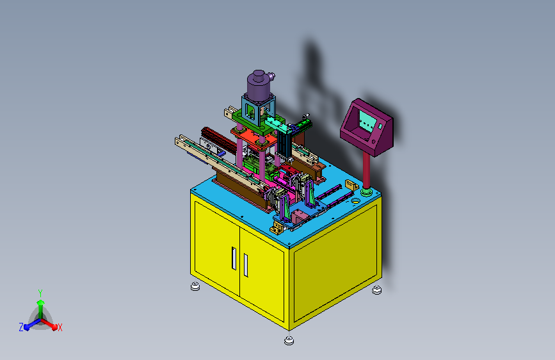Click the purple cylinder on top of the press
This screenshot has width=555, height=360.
click(259, 85)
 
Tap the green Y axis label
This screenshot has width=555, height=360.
click(40, 293)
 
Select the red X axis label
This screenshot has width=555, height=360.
click(60, 328)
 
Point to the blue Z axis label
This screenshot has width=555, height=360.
click(21, 327)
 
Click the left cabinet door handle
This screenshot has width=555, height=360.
click(234, 258)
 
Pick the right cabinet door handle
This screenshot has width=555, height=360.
click(246, 265)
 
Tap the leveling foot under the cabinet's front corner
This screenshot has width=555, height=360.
click(289, 341)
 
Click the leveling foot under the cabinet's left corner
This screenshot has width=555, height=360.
click(195, 286)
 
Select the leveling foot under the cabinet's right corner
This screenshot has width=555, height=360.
click(377, 290)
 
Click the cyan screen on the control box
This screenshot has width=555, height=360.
click(367, 121)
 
